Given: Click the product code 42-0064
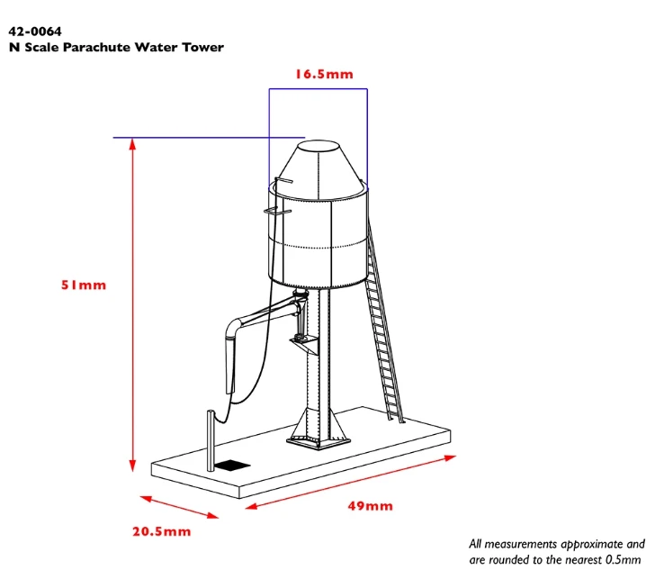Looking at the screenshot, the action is (35, 32).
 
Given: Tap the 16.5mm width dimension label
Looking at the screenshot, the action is (324, 75).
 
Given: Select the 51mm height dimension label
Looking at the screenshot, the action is (84, 285).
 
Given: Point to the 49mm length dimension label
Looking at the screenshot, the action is (370, 506).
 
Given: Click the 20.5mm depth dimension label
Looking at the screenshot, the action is (162, 531).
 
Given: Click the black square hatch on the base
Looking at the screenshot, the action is (232, 466).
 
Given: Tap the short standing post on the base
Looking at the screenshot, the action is (211, 440).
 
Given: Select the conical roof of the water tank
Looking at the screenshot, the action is (319, 169).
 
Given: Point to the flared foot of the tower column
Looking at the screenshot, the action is (318, 427).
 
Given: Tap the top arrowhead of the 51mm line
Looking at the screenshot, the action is (132, 144).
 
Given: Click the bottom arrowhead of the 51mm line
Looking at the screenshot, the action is (132, 466).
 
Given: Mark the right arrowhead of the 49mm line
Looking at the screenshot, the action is (450, 457).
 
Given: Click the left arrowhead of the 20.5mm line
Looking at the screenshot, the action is (146, 499).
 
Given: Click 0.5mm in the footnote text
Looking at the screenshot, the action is (623, 559).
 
